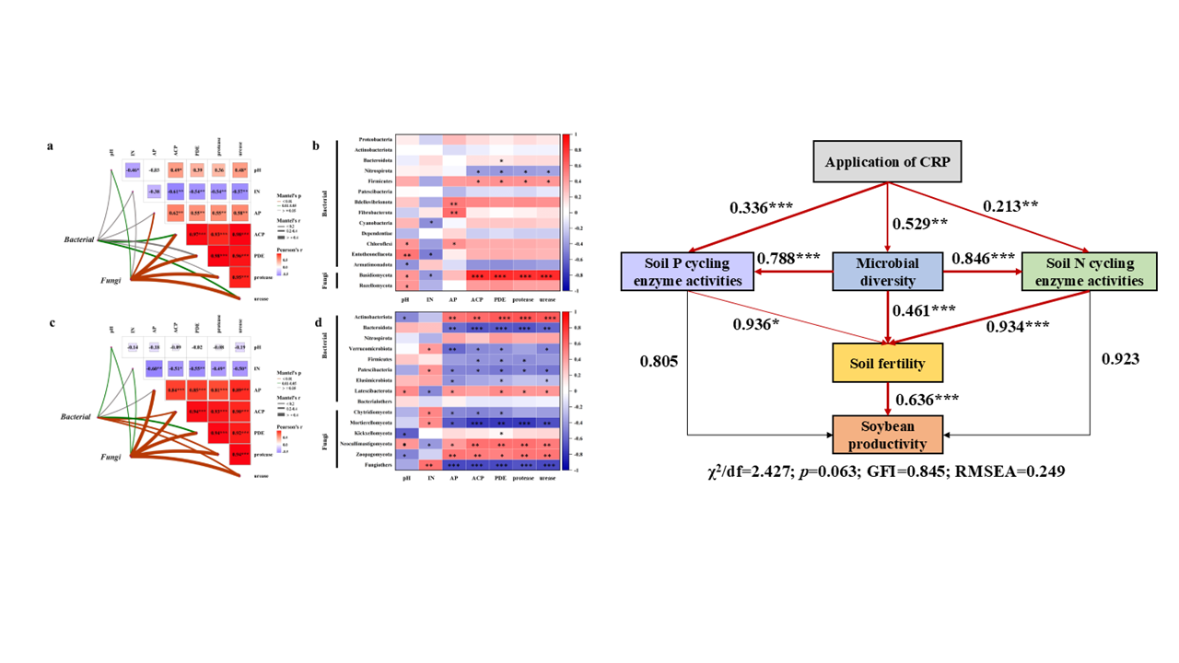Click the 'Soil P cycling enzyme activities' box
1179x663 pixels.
tap(687, 272)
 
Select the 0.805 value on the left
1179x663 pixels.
tap(660, 361)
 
